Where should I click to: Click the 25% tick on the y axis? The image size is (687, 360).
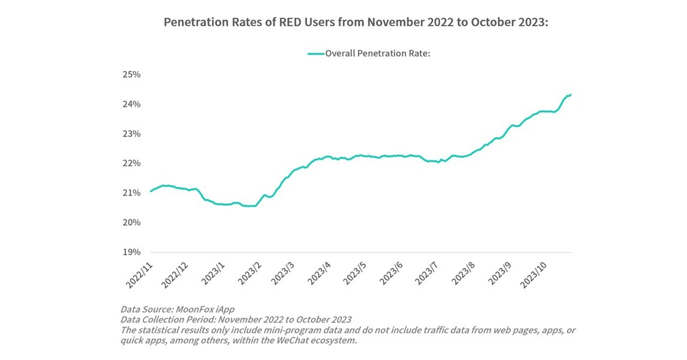coord(131,74)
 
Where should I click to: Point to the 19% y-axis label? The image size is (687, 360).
coord(131,252)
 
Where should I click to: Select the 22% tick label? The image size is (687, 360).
coord(131,164)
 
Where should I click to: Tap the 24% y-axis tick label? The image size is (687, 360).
coord(131,104)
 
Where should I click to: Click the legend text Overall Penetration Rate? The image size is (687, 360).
coord(377,52)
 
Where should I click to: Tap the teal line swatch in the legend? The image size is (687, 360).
coord(315,52)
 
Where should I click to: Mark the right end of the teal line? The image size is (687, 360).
coord(570,95)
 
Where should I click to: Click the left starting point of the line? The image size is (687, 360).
coord(151,192)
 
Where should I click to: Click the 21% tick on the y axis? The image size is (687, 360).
coord(131,193)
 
